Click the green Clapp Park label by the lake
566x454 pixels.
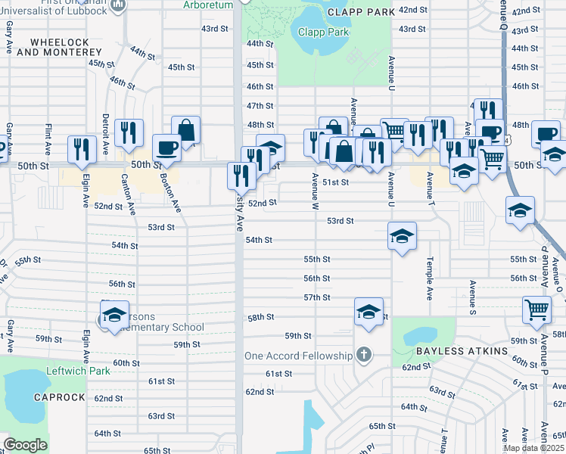click(323, 33)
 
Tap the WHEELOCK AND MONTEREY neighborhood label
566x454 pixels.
click(58, 47)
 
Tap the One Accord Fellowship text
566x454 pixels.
click(298, 356)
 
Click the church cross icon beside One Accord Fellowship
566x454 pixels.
click(364, 355)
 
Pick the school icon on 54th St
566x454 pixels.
click(403, 235)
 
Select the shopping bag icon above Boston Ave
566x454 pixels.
click(185, 129)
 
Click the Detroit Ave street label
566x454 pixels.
click(105, 131)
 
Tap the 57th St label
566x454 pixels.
click(317, 297)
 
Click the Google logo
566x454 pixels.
click(25, 445)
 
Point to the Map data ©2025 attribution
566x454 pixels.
click(533, 448)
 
